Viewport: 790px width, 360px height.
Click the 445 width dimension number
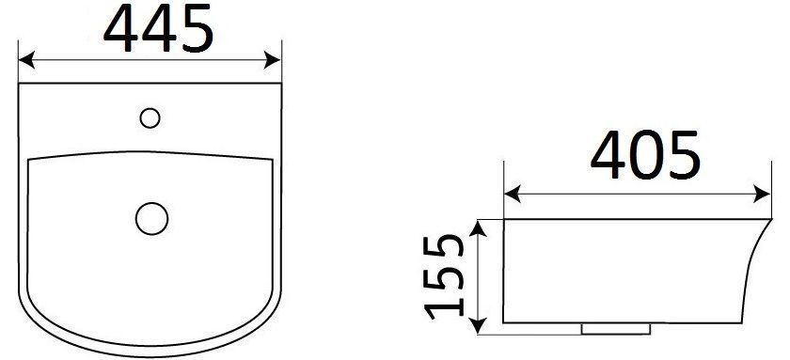click(x=159, y=28)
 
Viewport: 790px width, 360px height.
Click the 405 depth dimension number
click(x=645, y=155)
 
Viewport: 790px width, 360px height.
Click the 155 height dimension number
click(x=444, y=277)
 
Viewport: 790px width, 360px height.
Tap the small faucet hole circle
click(x=150, y=118)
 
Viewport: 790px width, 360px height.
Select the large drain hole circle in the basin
click(x=151, y=218)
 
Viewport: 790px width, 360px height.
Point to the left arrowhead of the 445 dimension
click(x=26, y=59)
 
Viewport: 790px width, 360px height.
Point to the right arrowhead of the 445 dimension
click(x=273, y=59)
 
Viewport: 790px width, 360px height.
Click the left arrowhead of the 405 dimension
click(x=513, y=194)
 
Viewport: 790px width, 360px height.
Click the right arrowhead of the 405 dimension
click(x=763, y=194)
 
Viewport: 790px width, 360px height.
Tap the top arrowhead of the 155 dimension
click(x=478, y=228)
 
